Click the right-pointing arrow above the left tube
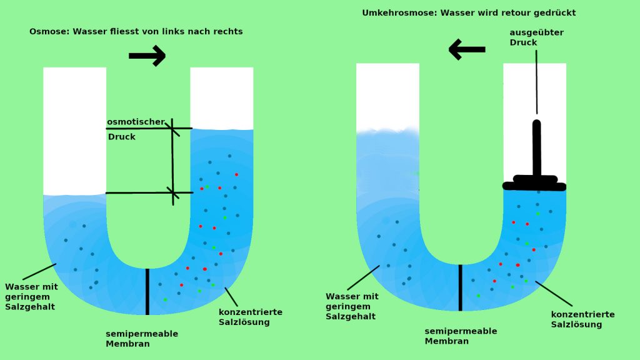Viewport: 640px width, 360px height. [147, 56]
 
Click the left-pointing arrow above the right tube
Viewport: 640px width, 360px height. [467, 49]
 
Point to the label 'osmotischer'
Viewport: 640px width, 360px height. [136, 122]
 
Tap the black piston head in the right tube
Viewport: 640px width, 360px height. [534, 183]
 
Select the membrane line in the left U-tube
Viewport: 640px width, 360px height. [147, 291]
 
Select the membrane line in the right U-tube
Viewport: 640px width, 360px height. [460, 287]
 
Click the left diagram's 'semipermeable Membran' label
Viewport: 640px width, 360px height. [141, 338]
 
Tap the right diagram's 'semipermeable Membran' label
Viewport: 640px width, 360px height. [461, 336]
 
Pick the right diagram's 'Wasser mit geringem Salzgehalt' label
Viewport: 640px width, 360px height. [352, 306]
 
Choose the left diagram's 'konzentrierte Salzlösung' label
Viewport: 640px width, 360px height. [250, 317]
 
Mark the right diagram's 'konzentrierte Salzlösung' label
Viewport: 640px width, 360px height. [582, 319]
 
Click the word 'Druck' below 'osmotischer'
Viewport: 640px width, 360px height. [121, 137]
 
